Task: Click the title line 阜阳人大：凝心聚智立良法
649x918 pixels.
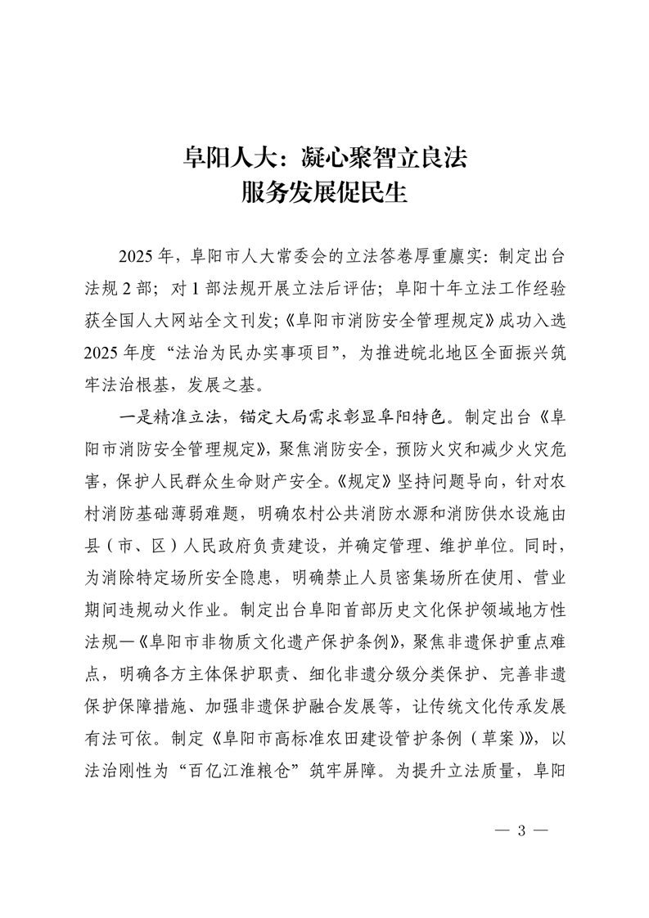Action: click(x=324, y=156)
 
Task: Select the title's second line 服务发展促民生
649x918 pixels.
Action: click(x=324, y=194)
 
